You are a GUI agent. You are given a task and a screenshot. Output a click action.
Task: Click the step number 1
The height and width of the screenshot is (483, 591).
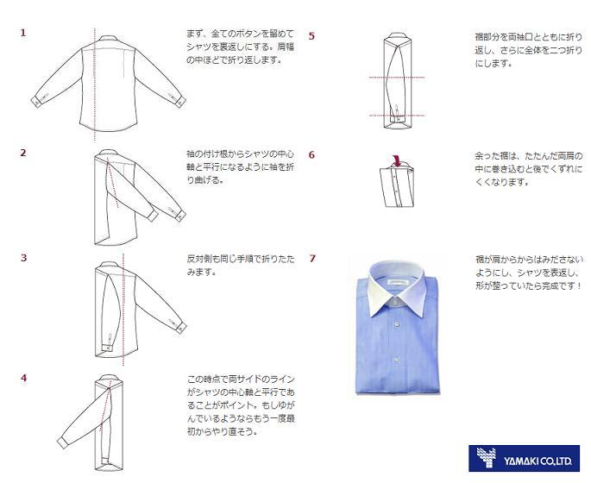point(23,33)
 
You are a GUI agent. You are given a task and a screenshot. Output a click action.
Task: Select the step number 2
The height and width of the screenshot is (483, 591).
point(23,153)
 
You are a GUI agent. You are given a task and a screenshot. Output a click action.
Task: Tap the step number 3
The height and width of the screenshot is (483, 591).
point(23,257)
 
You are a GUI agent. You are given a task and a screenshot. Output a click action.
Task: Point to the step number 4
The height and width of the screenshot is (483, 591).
point(23,378)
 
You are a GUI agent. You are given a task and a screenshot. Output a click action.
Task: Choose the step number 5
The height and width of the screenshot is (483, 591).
point(311,36)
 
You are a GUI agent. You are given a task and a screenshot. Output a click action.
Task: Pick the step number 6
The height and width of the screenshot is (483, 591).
point(311,155)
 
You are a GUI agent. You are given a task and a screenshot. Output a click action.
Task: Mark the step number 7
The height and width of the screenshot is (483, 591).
point(311,258)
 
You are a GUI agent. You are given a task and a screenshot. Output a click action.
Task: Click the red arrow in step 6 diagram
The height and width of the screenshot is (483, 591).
point(397,158)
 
